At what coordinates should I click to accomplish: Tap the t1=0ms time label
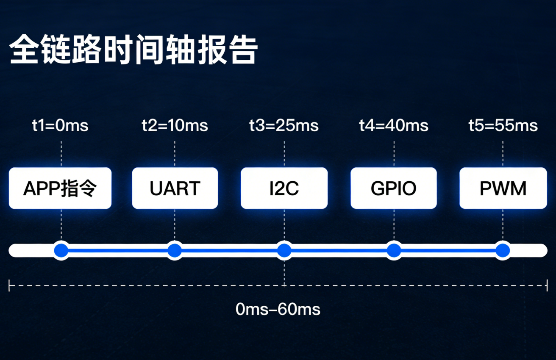pos(61,126)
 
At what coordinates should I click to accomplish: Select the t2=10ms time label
pos(175,126)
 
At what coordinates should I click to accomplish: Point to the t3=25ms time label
pos(284,126)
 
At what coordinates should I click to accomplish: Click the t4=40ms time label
pos(394,126)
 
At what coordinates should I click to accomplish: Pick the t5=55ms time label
pos(503,126)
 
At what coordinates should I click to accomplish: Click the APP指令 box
pos(60,188)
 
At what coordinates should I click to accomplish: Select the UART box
pos(175,188)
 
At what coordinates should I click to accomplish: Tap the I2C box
pos(284,188)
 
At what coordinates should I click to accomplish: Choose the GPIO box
pos(394,188)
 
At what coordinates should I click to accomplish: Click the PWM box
pos(503,188)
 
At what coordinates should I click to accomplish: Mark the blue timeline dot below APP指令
pos(61,250)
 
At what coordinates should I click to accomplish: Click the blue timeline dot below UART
pos(175,250)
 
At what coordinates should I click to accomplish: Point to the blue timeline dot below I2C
pos(284,250)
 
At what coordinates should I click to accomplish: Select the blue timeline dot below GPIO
pos(394,250)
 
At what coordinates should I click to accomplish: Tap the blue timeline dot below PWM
pos(503,250)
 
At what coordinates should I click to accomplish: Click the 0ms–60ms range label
pos(278,310)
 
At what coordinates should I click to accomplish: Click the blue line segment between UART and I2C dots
pos(229,250)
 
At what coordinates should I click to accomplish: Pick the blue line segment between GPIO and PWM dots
pos(448,250)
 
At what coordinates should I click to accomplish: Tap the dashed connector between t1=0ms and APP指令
pos(61,152)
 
